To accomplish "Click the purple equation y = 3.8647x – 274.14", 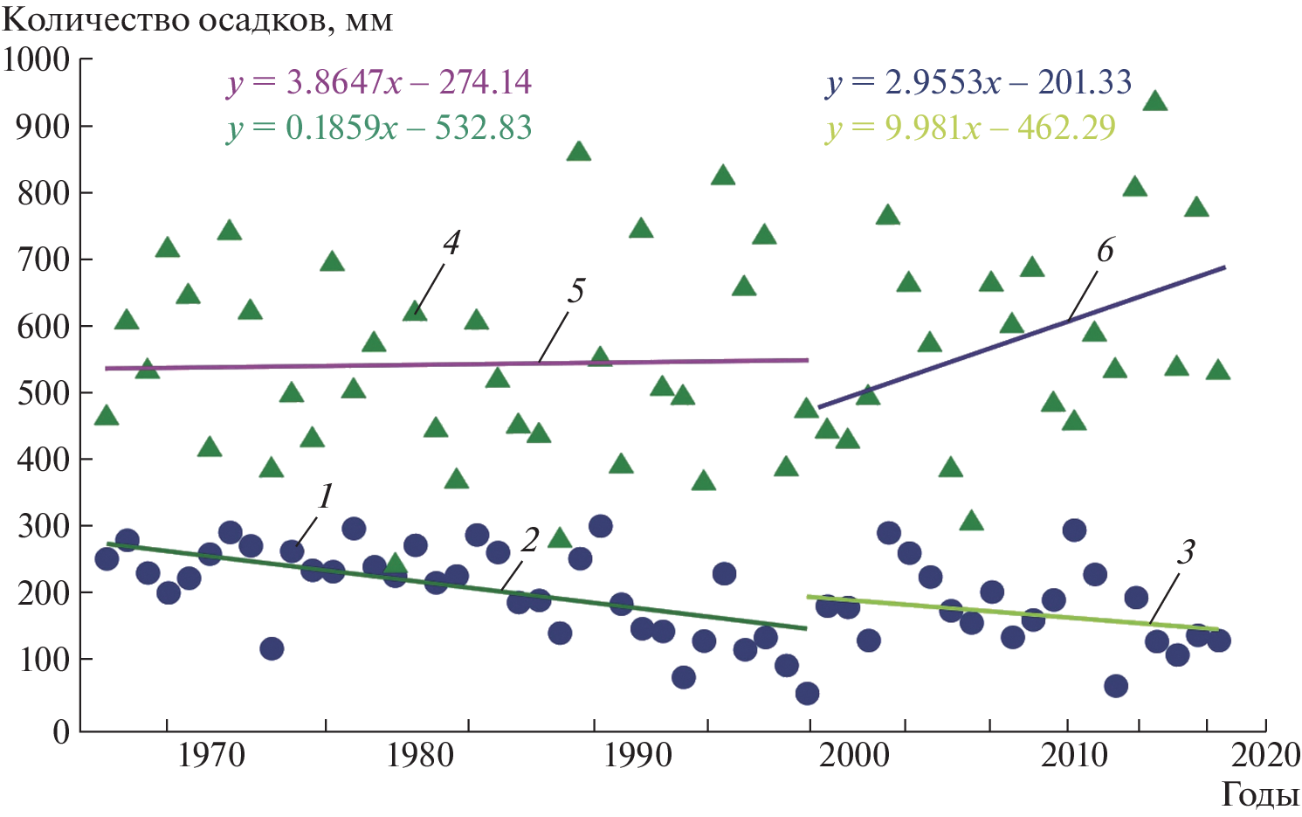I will (x=379, y=82).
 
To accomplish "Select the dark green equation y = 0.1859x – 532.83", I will (x=379, y=128).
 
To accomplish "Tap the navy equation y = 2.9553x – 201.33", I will (x=978, y=83).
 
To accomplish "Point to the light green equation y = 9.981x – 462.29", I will (x=970, y=128).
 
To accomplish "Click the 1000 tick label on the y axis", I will (x=37, y=59).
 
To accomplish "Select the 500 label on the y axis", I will (x=44, y=392).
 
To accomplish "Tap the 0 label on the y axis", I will (x=61, y=731).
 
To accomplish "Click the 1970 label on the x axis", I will (x=211, y=755).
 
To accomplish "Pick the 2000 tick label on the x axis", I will (x=854, y=755).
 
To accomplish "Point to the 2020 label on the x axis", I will (x=1266, y=755).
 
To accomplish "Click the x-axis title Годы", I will (x=1259, y=794).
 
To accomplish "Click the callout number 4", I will (x=451, y=244).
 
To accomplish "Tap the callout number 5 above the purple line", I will (x=575, y=291).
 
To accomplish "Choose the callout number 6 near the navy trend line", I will (x=1105, y=251).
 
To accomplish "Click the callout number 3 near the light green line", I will (x=1185, y=552).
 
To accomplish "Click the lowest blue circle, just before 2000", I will (x=807, y=694).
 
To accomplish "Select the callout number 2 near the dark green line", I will (x=529, y=541).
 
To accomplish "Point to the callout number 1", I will (x=325, y=496).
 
